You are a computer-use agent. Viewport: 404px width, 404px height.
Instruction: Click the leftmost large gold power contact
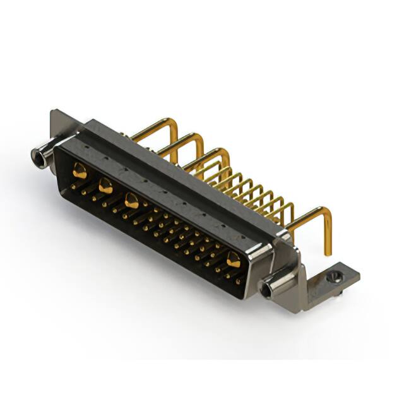click(80, 169)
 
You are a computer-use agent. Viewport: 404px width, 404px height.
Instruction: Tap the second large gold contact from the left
click(105, 186)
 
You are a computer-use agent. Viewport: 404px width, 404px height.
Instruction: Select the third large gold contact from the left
click(132, 201)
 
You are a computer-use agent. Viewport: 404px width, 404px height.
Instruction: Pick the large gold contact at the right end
click(234, 258)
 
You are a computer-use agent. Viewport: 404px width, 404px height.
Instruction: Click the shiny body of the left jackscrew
click(45, 153)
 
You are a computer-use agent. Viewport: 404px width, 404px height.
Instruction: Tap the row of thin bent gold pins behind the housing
click(252, 186)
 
